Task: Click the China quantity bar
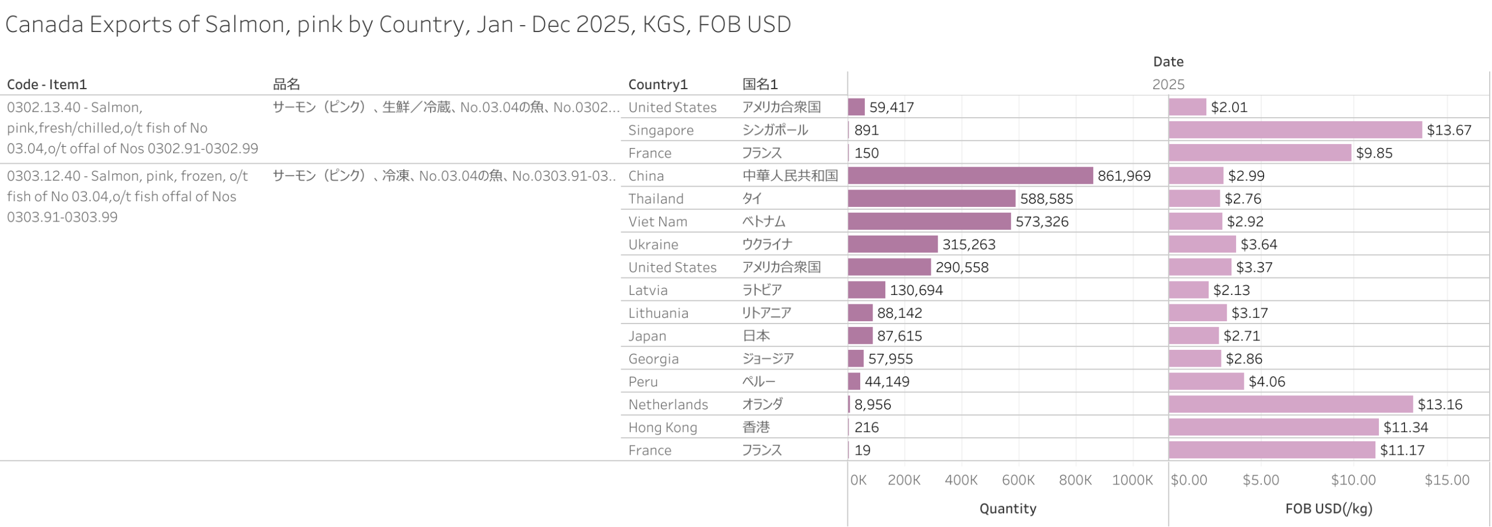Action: tap(970, 175)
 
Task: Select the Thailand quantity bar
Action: tap(931, 198)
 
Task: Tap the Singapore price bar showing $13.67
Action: tap(1294, 129)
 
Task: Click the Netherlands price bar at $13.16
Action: tap(1290, 404)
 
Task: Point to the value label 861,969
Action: tap(1124, 175)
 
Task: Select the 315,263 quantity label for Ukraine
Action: tap(969, 244)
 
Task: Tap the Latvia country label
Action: tap(648, 290)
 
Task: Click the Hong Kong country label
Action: tap(662, 427)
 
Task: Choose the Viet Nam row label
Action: tap(657, 222)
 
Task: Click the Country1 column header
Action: tap(657, 84)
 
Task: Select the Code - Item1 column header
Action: tap(47, 84)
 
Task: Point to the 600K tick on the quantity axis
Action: tap(1018, 480)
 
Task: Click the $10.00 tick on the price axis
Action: tap(1352, 480)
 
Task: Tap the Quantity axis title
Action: tap(1007, 508)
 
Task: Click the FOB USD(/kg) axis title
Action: tap(1328, 508)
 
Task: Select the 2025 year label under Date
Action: tap(1167, 84)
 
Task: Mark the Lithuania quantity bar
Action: tap(860, 312)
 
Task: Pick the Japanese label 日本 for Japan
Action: tap(755, 335)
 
